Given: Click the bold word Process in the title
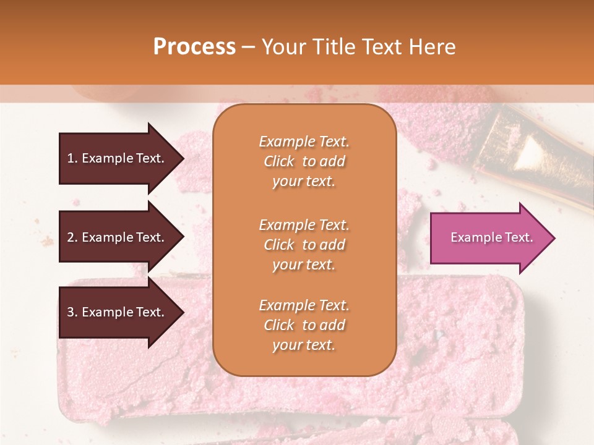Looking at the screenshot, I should (194, 47).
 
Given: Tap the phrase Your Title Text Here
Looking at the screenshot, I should (358, 47).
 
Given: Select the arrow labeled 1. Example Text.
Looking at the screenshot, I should (118, 158).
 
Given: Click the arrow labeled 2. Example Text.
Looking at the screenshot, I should (118, 237).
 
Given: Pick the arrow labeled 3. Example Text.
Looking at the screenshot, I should (118, 312).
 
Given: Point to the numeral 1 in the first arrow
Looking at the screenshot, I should (70, 158).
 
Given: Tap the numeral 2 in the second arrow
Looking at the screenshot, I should (71, 237).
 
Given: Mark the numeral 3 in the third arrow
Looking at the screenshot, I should (71, 312).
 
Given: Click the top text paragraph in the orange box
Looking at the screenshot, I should (304, 161).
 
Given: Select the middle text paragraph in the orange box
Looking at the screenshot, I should (304, 245).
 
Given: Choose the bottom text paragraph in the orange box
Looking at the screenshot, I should (304, 325).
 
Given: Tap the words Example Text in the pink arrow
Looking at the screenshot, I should (491, 237).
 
